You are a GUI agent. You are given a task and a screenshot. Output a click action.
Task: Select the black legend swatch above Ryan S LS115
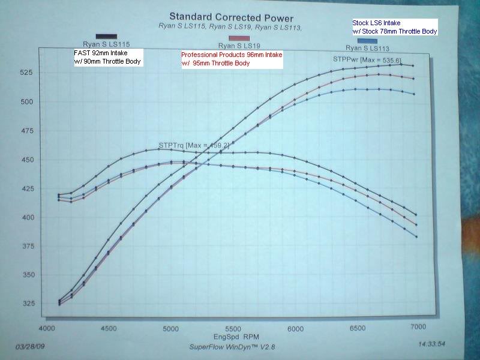pyautogui.click(x=106, y=38)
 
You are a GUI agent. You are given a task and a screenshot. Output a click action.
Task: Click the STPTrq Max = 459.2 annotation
pyautogui.click(x=185, y=145)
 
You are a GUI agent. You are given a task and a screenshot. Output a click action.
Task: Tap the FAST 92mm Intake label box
pyautogui.click(x=106, y=57)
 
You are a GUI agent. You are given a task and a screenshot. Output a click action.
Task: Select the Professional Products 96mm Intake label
pyautogui.click(x=232, y=59)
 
